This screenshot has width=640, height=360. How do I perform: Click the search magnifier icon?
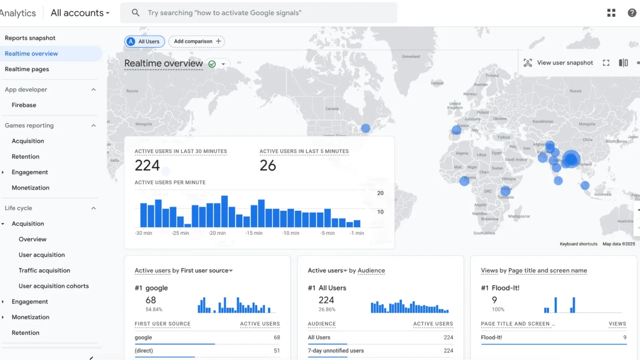click(136, 13)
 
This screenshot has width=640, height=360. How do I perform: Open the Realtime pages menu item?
click(27, 69)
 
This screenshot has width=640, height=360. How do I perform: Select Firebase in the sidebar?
click(24, 105)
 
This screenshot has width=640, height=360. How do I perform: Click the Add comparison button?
click(197, 41)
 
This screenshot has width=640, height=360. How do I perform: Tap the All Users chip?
click(144, 42)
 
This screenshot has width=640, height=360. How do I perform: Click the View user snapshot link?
click(564, 63)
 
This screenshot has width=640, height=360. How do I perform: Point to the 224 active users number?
click(147, 166)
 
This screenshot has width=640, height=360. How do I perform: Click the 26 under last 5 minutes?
click(268, 166)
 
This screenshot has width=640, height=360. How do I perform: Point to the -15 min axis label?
click(254, 233)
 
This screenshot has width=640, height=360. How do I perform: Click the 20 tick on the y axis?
click(380, 193)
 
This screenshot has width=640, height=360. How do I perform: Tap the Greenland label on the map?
click(411, 57)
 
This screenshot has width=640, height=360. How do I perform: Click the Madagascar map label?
click(519, 216)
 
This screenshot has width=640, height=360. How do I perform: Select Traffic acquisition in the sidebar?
click(44, 270)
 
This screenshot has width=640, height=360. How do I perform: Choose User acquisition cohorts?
click(54, 286)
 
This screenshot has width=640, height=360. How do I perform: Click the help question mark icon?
click(632, 13)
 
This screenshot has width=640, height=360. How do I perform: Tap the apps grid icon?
click(611, 13)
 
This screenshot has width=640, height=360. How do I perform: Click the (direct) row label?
click(144, 351)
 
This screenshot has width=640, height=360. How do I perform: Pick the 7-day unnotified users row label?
click(336, 351)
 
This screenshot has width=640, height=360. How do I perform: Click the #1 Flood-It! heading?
click(500, 288)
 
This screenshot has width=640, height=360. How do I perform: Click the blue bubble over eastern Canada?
click(366, 128)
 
